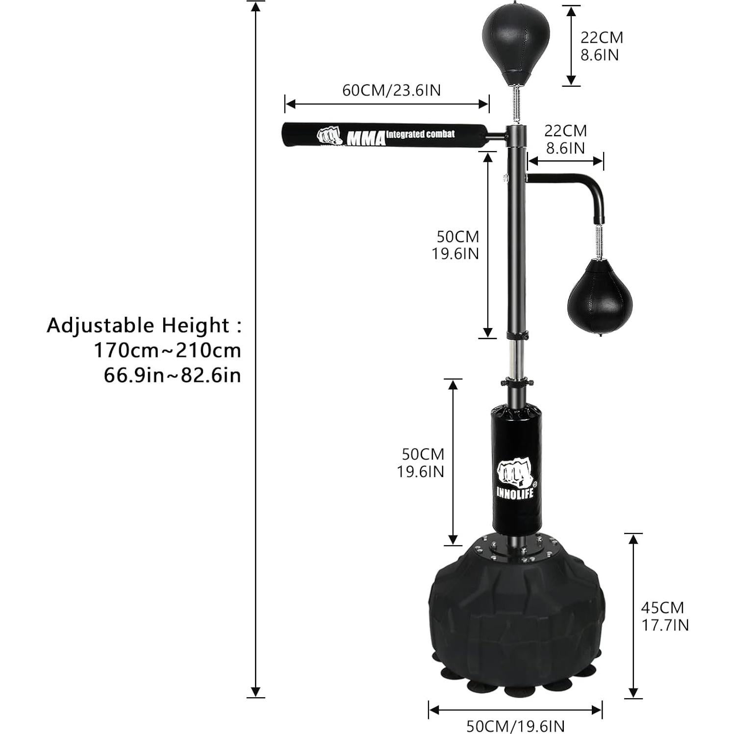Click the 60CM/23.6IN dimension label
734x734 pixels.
tap(391, 90)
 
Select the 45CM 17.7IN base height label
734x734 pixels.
tap(664, 616)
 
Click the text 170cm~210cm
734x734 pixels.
tap(167, 350)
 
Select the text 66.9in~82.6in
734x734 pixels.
tap(172, 376)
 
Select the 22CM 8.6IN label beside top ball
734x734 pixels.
tap(602, 46)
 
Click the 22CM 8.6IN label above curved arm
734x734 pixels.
tap(565, 139)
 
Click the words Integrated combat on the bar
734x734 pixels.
tap(420, 134)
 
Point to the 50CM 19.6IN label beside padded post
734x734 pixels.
tap(420, 462)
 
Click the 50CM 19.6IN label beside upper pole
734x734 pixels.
tap(455, 245)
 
